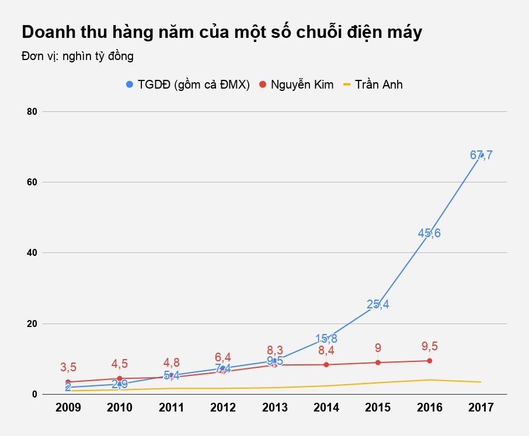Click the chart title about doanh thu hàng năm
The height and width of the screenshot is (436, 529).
coord(221,33)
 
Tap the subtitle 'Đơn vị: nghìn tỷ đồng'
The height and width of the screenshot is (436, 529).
coord(78,57)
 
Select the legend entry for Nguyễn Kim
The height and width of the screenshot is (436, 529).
coord(296,85)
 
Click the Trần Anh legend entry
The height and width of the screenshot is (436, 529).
coord(373,85)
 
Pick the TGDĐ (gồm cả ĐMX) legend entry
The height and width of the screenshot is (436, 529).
coord(188,85)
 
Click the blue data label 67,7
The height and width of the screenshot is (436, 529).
coord(481,155)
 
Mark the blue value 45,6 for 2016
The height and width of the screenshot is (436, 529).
coord(429,233)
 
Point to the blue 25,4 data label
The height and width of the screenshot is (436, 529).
coord(378,304)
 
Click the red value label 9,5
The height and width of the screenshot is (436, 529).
coord(429,346)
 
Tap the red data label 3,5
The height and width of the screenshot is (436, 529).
coord(68,367)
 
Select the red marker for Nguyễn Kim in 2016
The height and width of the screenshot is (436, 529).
coord(430,361)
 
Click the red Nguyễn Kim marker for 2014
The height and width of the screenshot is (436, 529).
coord(326,365)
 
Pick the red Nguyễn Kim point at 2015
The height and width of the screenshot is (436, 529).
coord(378,363)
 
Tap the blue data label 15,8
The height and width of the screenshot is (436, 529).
coord(326,338)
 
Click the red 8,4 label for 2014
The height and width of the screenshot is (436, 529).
coord(326,351)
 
